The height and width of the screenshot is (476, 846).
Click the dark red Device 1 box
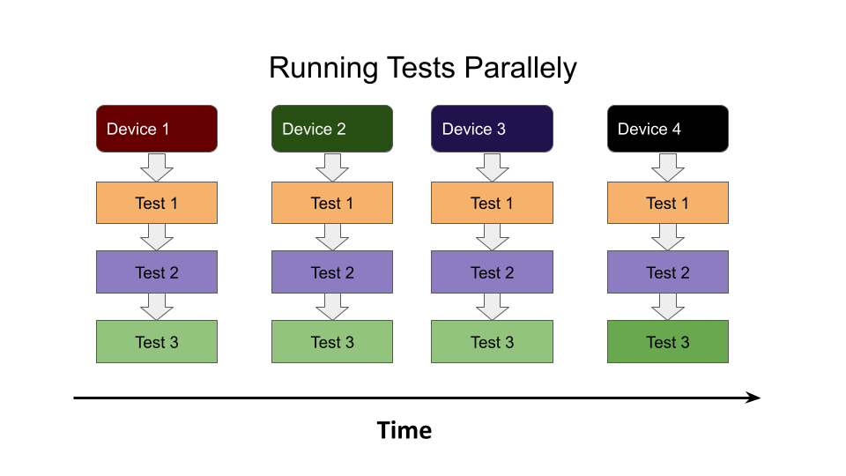tap(156, 129)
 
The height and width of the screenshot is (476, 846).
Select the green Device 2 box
tap(332, 129)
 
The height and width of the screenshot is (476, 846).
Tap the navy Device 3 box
tap(492, 129)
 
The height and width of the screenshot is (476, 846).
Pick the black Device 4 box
tap(668, 129)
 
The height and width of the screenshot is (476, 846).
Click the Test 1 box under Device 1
tap(156, 203)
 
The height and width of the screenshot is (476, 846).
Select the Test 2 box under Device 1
tap(156, 272)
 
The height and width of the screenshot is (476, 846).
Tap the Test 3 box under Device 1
tap(156, 342)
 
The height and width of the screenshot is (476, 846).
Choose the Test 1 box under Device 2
tap(332, 203)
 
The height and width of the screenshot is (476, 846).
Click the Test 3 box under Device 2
tap(332, 342)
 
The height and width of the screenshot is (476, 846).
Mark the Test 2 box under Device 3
tap(492, 272)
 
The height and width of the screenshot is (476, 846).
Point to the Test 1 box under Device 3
tap(492, 203)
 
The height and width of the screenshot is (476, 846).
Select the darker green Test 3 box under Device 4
tap(668, 342)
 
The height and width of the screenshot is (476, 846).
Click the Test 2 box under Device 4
tap(668, 272)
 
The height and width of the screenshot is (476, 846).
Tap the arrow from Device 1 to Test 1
tap(157, 167)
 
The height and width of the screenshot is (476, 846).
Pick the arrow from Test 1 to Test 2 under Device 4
tap(668, 236)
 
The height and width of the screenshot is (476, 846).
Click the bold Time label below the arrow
tap(404, 430)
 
